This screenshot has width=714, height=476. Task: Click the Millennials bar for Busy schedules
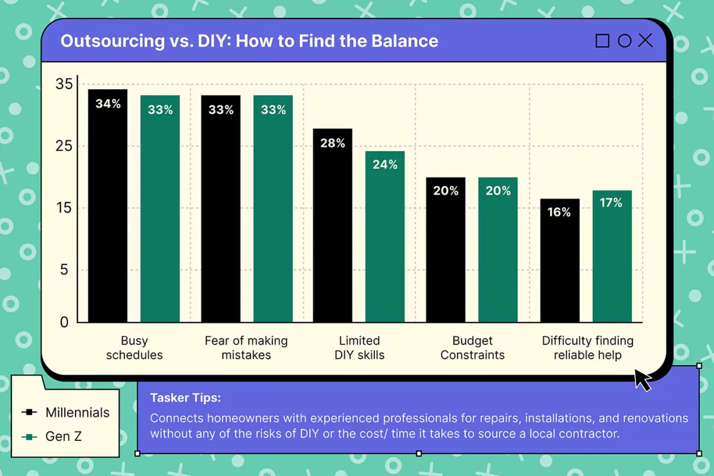[x=108, y=206]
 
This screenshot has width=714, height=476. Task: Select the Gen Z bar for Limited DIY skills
[x=385, y=237]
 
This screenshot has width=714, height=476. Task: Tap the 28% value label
[x=333, y=143]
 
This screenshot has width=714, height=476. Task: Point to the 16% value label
[x=559, y=212]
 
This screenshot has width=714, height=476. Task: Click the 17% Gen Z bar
[x=612, y=256]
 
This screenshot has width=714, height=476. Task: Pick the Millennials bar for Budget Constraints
[x=446, y=250]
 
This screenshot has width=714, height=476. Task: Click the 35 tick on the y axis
[x=64, y=84]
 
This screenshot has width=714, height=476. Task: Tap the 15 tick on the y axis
[x=64, y=208]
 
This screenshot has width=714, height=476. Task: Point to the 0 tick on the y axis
[x=64, y=322]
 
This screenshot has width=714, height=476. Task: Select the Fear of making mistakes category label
[x=246, y=348]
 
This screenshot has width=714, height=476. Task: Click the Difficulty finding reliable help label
[x=587, y=348]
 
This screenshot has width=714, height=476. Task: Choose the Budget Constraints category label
[x=472, y=348]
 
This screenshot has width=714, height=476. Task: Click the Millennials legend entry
[x=65, y=412]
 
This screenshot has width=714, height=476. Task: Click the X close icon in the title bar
[x=645, y=41]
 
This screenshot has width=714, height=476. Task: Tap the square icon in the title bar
[x=602, y=41]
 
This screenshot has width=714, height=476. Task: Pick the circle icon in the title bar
[x=624, y=41]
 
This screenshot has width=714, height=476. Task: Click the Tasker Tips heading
[x=186, y=398]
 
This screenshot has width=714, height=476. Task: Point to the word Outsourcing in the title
[x=112, y=41]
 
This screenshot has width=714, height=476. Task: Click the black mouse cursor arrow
[x=642, y=380]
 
